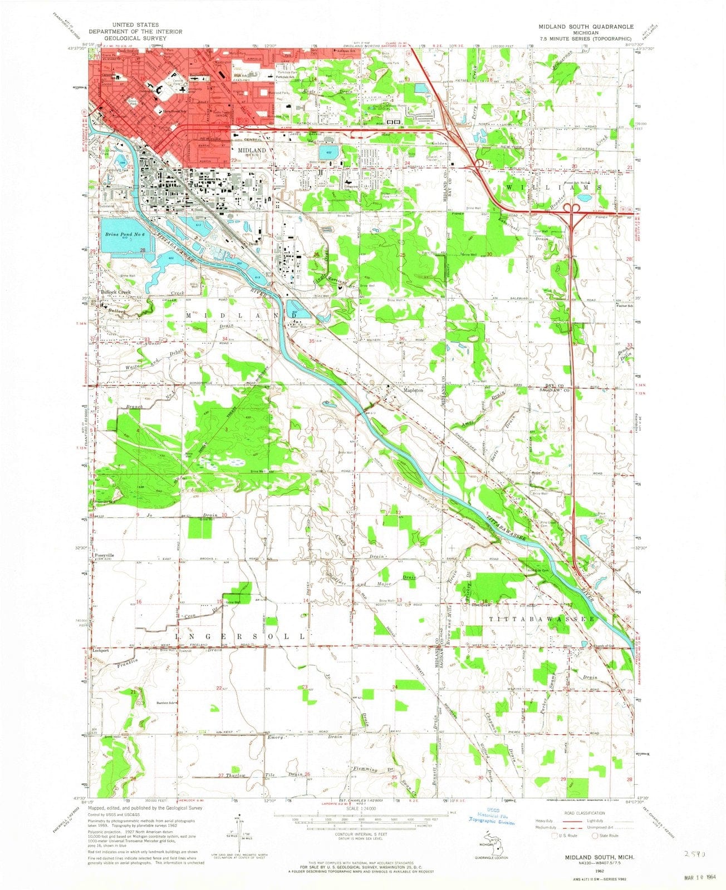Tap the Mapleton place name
[413, 390]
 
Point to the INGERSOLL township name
[241, 635]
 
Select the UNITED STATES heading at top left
[135, 25]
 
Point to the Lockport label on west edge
[100, 649]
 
